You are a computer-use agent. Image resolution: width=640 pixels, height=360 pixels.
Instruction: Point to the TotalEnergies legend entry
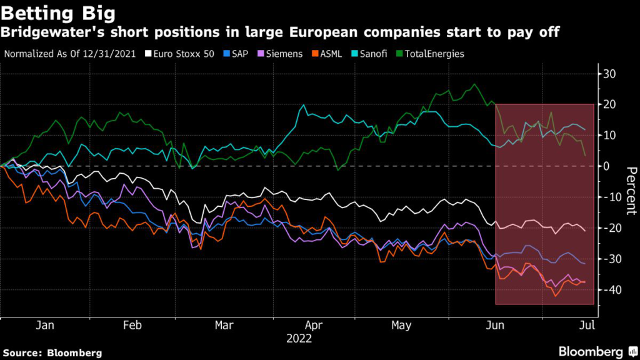tap(432, 54)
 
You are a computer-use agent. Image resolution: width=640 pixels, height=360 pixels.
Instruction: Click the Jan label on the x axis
tap(44, 326)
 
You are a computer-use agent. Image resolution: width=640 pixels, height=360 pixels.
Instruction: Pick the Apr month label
tap(314, 326)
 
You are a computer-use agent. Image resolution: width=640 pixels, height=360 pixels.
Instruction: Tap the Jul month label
tap(587, 326)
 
